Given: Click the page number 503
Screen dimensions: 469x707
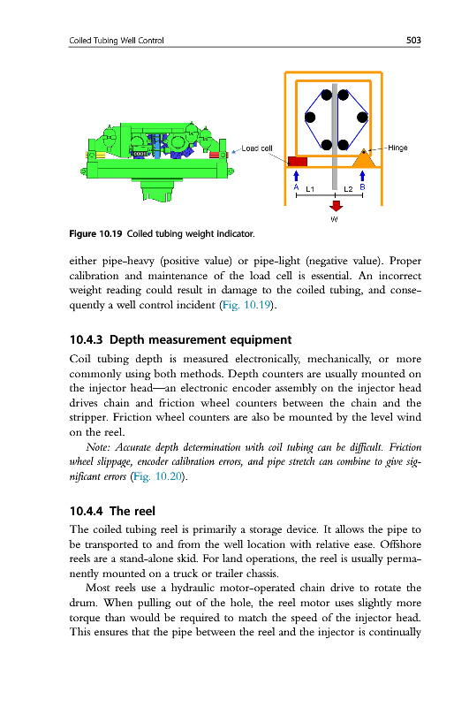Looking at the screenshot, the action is tap(413, 40).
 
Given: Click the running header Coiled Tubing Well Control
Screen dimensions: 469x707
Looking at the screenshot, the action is tap(117, 41).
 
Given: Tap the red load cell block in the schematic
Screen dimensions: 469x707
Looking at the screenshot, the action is tap(298, 162).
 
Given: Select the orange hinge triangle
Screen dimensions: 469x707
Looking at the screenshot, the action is tap(363, 158).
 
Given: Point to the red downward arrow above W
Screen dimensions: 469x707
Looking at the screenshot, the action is tap(336, 206).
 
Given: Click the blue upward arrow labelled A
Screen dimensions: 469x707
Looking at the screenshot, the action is tap(296, 176).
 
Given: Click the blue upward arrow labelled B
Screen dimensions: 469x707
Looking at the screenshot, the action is tap(362, 176).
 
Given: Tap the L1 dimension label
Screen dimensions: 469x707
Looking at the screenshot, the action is tap(310, 189).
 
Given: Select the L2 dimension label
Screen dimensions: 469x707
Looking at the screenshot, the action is tap(348, 189).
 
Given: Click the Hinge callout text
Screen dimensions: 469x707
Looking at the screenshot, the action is tap(397, 148).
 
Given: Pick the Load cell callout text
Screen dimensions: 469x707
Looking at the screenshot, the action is tap(257, 148).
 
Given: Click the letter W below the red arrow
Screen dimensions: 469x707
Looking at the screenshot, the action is tap(334, 219).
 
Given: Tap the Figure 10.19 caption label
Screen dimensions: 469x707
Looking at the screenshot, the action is tap(95, 233).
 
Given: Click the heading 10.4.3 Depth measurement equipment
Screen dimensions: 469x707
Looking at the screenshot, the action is tap(180, 339).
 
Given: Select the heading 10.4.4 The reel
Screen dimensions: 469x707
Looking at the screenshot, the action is tap(112, 511).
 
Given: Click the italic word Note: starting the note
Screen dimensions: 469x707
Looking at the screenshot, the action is tap(98, 447).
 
